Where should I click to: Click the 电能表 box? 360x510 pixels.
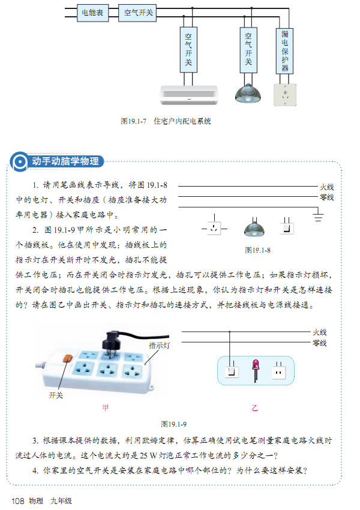(92, 13)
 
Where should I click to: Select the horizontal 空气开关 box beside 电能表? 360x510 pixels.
(137, 13)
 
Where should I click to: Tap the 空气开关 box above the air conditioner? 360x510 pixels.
(188, 49)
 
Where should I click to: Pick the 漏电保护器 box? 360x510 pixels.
(284, 51)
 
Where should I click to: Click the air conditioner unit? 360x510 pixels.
(189, 95)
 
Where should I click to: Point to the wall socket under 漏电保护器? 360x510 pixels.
(285, 95)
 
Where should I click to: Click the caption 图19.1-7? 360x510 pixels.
(133, 121)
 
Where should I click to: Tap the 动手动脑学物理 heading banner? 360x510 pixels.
(57, 161)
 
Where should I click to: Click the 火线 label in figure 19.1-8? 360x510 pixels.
(326, 187)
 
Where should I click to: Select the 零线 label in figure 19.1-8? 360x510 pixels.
(326, 197)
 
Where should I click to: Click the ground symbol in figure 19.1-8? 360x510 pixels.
(318, 216)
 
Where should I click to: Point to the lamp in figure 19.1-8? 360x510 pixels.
(254, 227)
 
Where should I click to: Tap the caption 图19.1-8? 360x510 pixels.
(258, 250)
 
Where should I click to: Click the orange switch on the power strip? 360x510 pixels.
(67, 358)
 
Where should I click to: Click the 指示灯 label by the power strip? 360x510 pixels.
(159, 345)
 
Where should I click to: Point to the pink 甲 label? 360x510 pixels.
(106, 407)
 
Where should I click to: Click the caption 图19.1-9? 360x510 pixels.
(174, 424)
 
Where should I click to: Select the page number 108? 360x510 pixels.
(18, 501)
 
